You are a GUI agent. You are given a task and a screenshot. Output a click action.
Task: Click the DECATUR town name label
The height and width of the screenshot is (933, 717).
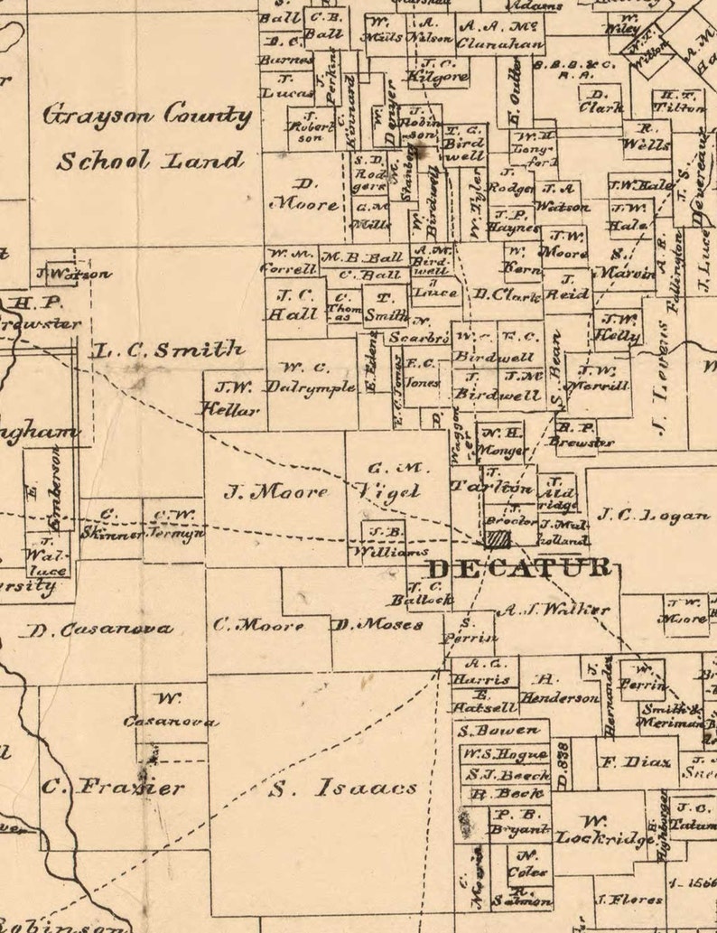click(518, 569)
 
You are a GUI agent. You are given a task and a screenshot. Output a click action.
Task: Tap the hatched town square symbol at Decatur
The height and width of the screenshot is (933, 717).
click(498, 539)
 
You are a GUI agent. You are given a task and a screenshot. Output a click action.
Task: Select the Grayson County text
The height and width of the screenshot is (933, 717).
click(148, 116)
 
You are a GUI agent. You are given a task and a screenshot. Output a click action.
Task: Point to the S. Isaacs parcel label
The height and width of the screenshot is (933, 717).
click(344, 788)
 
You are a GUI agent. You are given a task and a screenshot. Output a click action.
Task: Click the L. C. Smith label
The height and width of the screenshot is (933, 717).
click(168, 349)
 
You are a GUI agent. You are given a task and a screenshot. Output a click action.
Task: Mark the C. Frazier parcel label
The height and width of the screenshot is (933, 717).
click(114, 787)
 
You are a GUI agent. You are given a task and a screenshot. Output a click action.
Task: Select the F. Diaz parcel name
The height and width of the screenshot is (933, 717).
click(636, 762)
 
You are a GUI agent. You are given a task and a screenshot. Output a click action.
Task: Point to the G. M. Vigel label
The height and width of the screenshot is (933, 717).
click(396, 480)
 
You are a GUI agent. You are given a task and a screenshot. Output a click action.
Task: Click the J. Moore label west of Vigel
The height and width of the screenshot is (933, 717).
click(276, 493)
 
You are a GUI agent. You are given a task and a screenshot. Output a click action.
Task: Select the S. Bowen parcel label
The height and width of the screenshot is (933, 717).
click(498, 731)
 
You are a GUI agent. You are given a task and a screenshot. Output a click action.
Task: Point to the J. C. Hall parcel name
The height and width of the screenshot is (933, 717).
click(295, 304)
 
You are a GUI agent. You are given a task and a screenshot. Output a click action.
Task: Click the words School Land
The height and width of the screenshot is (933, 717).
click(150, 162)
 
